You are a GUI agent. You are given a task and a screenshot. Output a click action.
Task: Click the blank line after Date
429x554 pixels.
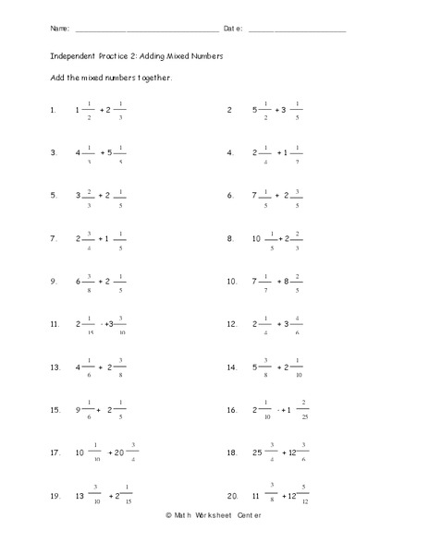click(297, 31)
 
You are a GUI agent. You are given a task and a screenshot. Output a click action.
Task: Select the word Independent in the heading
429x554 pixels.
click(72, 55)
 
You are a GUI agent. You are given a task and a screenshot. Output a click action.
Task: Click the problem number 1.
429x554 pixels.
click(53, 110)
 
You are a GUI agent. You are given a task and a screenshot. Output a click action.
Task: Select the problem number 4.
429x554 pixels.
click(230, 152)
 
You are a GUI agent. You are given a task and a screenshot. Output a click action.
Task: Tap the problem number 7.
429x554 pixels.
click(54, 238)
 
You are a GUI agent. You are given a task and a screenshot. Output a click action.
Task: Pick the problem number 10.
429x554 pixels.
click(232, 282)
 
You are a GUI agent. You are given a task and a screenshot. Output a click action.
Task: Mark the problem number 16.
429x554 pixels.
click(232, 410)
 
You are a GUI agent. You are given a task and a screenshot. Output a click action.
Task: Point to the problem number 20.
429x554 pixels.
click(232, 497)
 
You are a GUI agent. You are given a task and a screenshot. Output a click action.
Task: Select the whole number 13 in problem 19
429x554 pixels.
click(80, 497)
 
